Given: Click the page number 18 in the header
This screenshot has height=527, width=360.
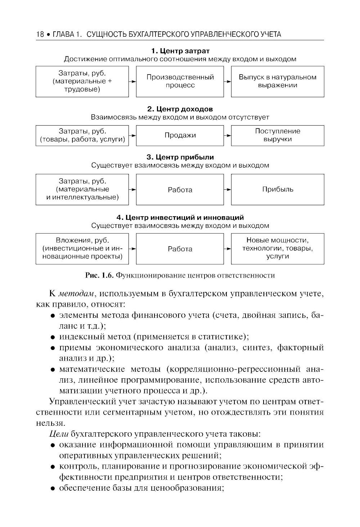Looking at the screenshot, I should tap(40, 35).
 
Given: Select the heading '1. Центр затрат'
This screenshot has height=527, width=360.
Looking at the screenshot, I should tap(180, 51).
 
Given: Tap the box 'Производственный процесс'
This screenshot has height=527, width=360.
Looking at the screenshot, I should tap(180, 81).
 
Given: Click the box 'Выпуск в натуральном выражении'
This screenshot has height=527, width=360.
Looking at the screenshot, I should tap(278, 81).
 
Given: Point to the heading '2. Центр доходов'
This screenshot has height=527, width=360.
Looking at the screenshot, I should tap(180, 109).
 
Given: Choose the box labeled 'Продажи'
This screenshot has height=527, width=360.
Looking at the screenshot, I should tap(180, 135).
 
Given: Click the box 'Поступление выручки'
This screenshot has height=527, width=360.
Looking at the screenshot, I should tap(278, 135).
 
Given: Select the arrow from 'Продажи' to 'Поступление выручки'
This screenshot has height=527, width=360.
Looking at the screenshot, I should tap(227, 136).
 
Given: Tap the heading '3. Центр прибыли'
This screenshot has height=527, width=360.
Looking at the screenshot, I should tap(180, 157).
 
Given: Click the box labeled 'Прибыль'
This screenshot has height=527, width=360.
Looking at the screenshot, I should tap(278, 189).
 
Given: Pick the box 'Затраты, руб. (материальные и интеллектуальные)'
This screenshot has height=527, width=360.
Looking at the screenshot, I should tap(82, 189).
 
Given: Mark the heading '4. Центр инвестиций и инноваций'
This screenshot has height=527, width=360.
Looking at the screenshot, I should tap(180, 218).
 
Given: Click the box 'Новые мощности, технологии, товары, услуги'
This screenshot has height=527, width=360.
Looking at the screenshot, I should tap(278, 248).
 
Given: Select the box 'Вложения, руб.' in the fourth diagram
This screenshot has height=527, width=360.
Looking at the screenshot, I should tap(82, 248).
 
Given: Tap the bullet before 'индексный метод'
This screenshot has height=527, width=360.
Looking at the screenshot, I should tap(53, 337).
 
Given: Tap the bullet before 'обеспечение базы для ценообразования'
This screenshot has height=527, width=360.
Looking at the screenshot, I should tap(53, 488).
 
